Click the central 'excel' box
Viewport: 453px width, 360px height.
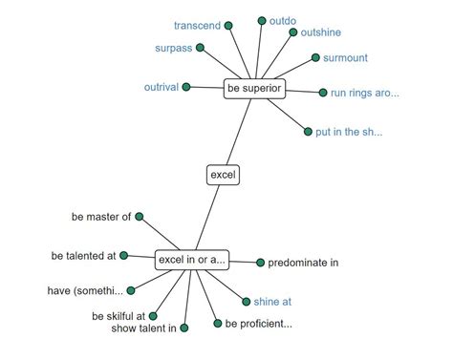pos(223,175)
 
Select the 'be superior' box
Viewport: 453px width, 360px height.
pos(254,89)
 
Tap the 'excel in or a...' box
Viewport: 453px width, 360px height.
pos(192,260)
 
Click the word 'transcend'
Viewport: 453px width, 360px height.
pos(197,26)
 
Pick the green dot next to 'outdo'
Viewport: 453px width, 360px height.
pos(262,21)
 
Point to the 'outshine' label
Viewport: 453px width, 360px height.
pos(321,32)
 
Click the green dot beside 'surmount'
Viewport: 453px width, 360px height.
pos(315,57)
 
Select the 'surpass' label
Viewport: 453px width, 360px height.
pos(174,49)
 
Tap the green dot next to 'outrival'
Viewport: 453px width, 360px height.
pos(186,87)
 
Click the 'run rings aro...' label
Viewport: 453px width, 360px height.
pos(365,93)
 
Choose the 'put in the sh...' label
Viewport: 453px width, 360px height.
pos(349,132)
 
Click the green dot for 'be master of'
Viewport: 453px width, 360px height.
pos(140,217)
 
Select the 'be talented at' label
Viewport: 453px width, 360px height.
pos(83,256)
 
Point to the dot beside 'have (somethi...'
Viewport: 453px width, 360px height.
pos(131,290)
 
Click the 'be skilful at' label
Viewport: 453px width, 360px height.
pos(119,316)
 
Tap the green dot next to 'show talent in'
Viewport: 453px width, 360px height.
pos(184,328)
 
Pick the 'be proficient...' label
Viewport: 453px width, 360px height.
pos(259,324)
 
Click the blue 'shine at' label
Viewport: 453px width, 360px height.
pos(272,302)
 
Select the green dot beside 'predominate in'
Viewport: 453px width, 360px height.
pos(260,263)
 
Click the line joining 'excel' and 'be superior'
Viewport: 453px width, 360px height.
pos(239,132)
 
